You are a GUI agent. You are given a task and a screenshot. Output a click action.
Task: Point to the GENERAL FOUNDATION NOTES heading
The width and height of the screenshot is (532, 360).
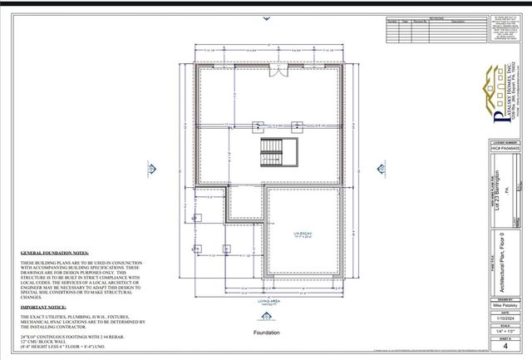[55, 250]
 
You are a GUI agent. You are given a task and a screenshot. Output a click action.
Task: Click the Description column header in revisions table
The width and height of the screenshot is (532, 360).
[458, 22]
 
